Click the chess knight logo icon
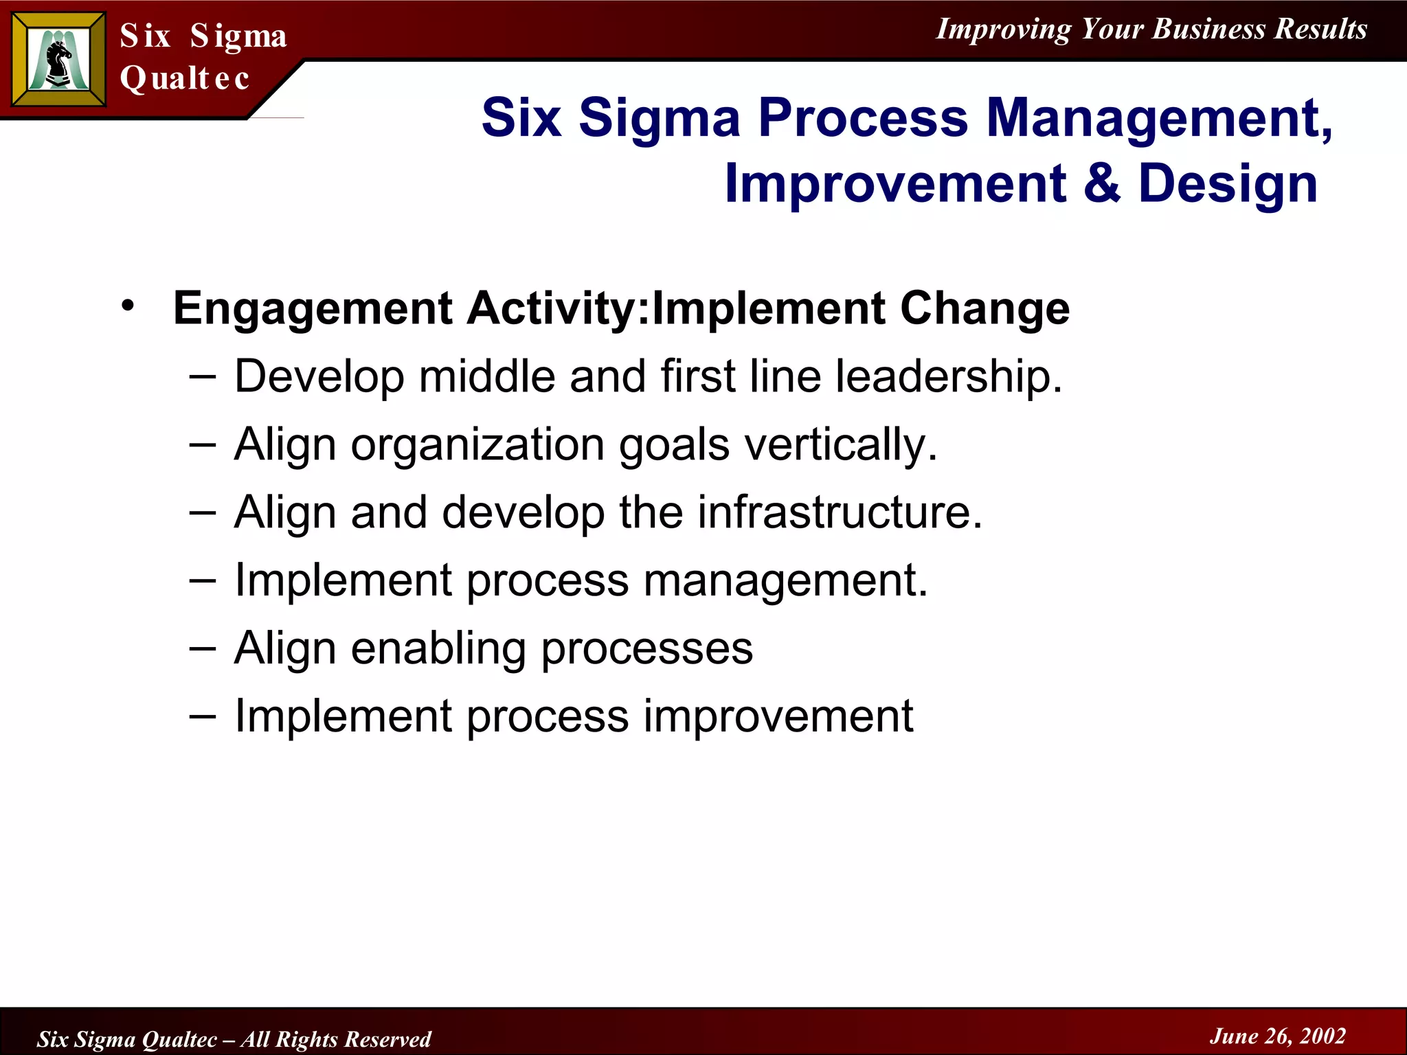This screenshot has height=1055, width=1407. coord(59,60)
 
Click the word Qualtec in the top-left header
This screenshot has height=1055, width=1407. coord(184,78)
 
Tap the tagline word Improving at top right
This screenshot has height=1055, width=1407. coord(1003,30)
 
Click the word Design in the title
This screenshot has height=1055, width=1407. coord(1228,184)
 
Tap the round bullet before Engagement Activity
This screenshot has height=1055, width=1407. coord(128,305)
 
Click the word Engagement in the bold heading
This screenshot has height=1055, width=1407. coord(313,309)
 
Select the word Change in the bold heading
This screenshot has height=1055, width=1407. coord(984,308)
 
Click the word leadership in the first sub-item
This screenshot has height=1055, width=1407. coord(949,377)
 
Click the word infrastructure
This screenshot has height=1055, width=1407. coord(840,512)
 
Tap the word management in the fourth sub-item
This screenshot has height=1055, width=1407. coord(785,581)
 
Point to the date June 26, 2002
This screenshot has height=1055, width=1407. coord(1277,1036)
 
